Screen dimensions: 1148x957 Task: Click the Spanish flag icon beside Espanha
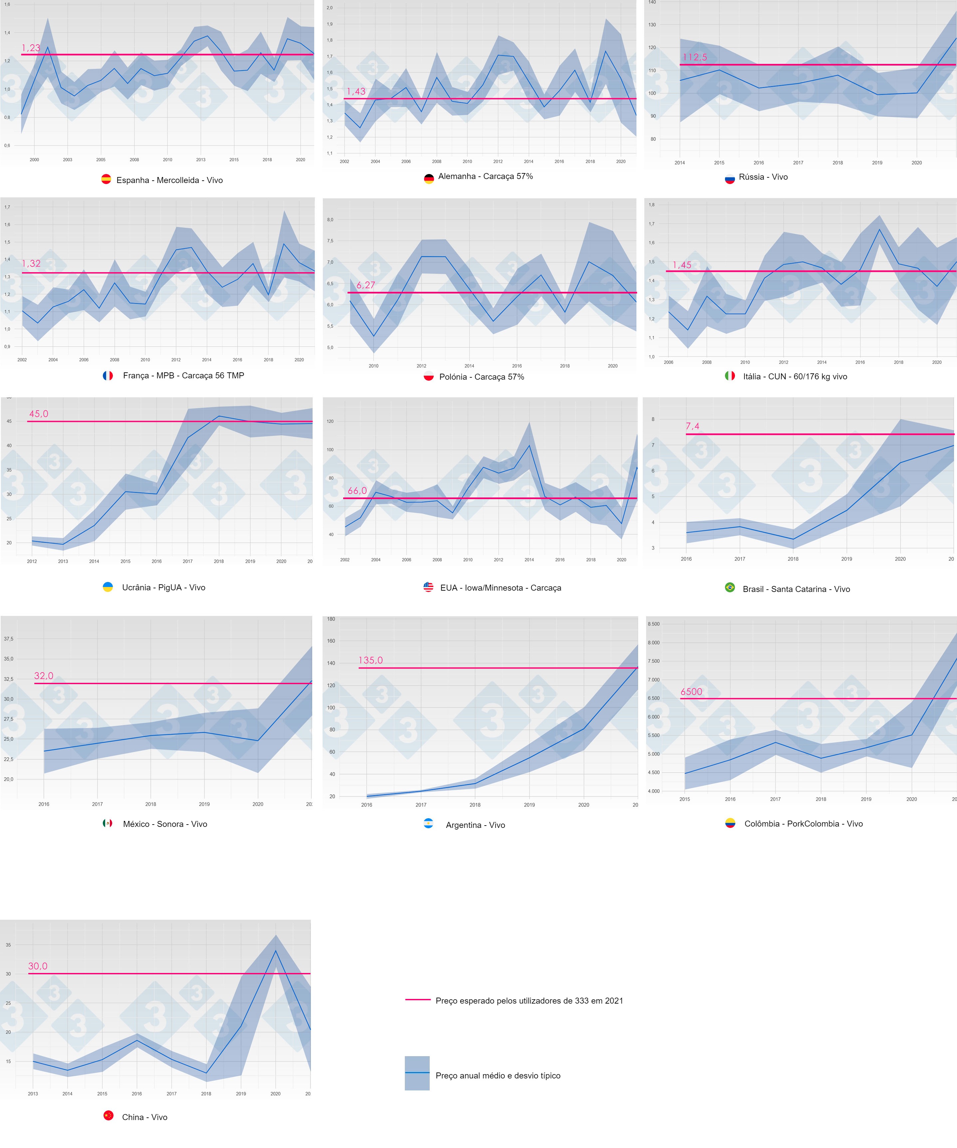106,179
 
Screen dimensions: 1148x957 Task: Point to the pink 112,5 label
694,57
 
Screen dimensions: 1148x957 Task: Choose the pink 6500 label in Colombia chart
691,692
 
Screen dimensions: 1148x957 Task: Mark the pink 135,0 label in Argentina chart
370,661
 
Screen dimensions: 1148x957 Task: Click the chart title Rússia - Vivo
763,177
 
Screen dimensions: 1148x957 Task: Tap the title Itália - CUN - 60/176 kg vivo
795,377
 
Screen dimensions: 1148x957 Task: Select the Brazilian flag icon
730,588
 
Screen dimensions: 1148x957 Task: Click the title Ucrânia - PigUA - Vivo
163,588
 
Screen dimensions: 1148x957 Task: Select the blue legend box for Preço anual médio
417,1073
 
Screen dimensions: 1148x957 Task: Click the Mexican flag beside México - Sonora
108,823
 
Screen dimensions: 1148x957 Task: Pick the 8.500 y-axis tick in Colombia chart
653,624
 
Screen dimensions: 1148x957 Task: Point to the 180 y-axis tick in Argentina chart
331,619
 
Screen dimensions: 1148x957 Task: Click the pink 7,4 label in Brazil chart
692,426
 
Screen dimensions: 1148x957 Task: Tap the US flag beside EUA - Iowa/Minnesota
428,587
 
